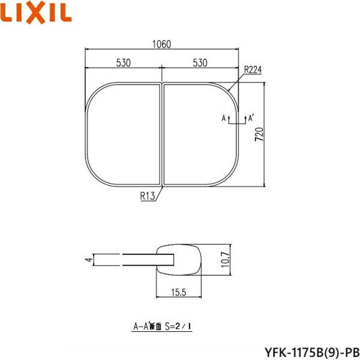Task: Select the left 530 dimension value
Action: pos(122,63)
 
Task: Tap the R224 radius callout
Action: pos(253,70)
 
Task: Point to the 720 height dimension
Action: pos(259,134)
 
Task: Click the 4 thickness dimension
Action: pos(88,260)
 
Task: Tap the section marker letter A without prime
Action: pos(224,118)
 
